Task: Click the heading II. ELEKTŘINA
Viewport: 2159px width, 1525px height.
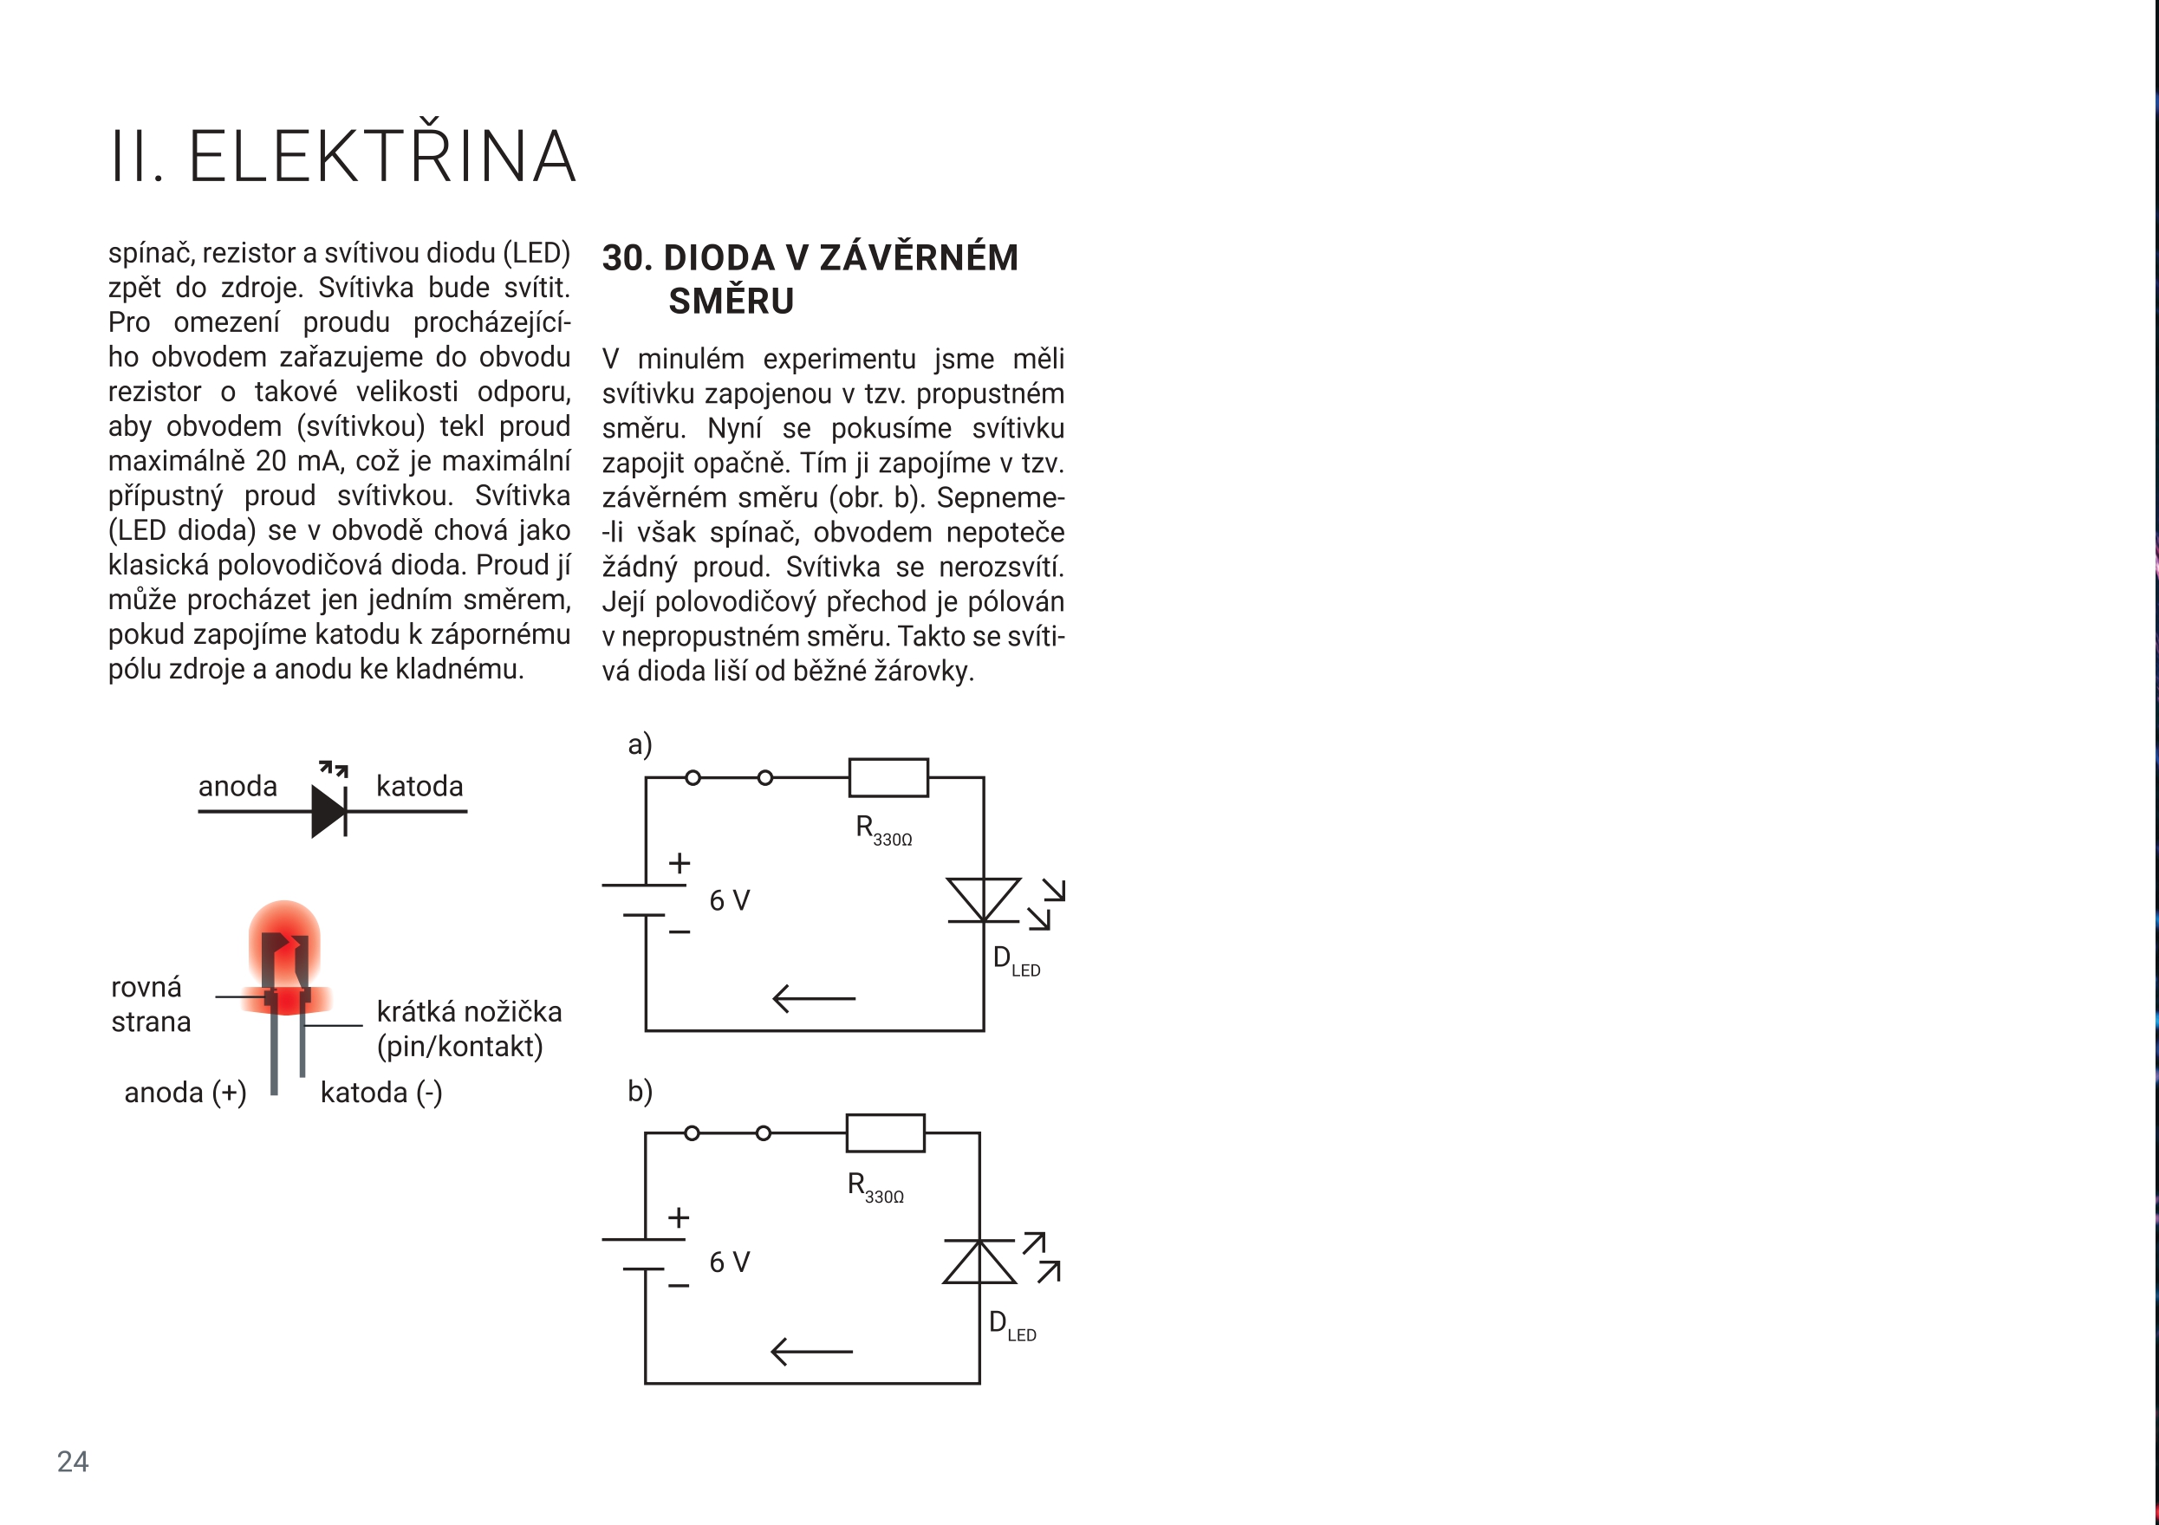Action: pos(342,156)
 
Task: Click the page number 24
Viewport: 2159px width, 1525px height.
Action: pos(73,1461)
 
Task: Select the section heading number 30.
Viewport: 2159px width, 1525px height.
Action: pos(627,257)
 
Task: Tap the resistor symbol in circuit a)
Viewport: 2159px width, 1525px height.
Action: pos(888,777)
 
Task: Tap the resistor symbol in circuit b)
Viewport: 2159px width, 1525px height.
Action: pos(885,1133)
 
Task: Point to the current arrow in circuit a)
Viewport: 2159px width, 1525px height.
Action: pos(813,997)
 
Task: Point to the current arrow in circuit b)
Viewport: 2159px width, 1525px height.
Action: pos(810,1351)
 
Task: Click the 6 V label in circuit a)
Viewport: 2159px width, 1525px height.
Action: pos(729,901)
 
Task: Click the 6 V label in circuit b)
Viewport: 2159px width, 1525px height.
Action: pos(729,1262)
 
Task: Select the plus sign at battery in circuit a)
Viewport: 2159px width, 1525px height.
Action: pos(679,862)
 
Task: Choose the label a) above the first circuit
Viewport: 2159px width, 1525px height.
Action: pos(640,744)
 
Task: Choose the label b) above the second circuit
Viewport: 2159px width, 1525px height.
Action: pos(640,1091)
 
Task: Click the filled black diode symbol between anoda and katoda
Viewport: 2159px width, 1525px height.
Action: pos(329,810)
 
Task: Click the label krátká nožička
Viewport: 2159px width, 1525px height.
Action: pos(469,1012)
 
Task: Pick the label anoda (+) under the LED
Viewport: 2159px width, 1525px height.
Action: pos(185,1093)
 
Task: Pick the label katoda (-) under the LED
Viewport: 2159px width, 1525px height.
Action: pos(380,1093)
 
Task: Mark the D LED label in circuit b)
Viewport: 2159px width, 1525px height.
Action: pos(1011,1326)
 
